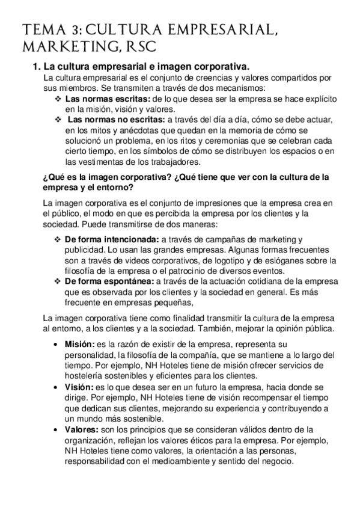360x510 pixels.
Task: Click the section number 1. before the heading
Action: click(x=35, y=66)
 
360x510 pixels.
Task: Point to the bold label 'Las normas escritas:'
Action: click(x=108, y=99)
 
